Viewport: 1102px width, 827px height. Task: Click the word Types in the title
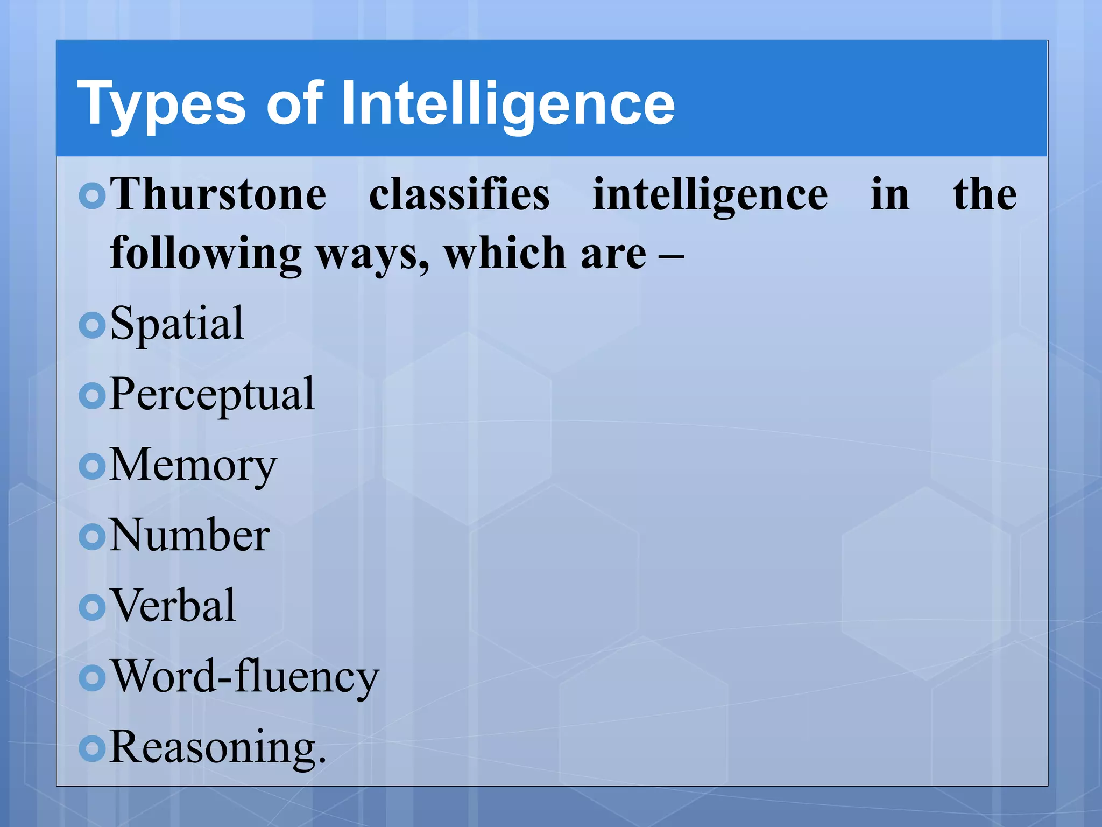pos(161,103)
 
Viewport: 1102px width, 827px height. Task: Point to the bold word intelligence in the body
pos(710,195)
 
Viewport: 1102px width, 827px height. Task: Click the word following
pos(206,253)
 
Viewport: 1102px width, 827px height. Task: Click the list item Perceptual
pos(212,395)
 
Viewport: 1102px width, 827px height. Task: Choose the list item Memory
pos(193,466)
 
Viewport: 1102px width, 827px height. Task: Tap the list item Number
pos(189,536)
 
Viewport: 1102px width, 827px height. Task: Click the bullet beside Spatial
pos(92,325)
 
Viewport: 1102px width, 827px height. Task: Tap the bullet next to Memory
pos(92,466)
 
